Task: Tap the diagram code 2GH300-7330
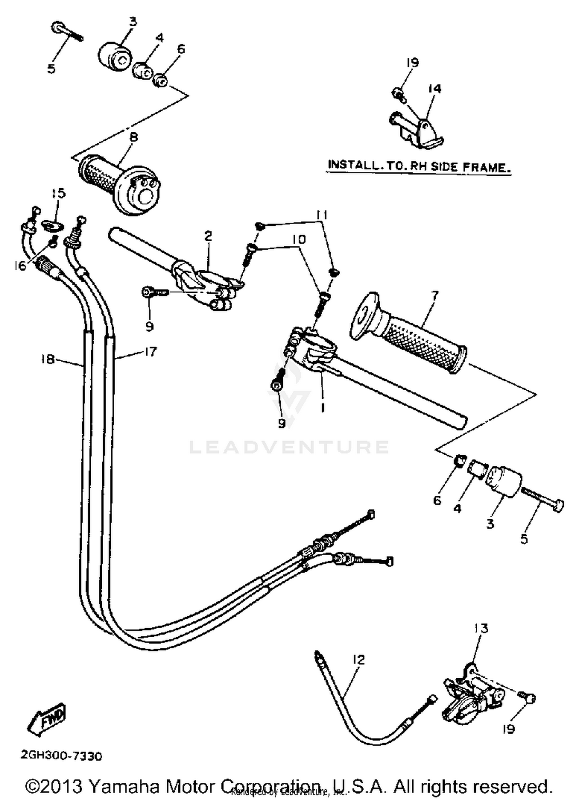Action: click(x=61, y=756)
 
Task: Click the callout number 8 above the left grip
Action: click(x=134, y=137)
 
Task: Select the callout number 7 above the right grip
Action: click(x=435, y=296)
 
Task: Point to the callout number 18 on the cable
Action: click(x=47, y=359)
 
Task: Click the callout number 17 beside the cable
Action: click(x=150, y=352)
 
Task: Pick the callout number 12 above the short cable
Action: click(x=359, y=659)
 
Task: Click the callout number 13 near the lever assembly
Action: click(x=482, y=628)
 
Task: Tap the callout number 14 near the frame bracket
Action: click(x=434, y=89)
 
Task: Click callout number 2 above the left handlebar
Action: click(x=208, y=236)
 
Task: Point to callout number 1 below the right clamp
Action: click(x=322, y=407)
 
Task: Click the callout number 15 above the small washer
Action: click(x=59, y=193)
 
